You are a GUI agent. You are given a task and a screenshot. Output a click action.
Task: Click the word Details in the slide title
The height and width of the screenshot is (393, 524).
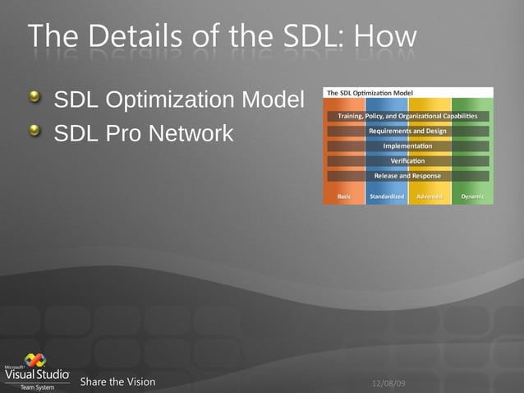pos(132,36)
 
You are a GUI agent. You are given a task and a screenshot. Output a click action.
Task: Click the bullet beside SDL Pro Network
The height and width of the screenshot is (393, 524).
pos(34,131)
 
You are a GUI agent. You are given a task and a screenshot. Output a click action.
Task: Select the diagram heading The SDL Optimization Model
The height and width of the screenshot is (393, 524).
pos(370,93)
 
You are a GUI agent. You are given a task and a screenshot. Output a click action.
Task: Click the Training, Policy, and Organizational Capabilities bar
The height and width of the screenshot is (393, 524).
pos(407,116)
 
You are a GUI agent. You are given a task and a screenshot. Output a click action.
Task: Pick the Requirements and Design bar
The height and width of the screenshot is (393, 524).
pos(407,131)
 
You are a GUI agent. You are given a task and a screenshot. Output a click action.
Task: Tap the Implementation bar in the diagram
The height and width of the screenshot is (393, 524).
pos(407,146)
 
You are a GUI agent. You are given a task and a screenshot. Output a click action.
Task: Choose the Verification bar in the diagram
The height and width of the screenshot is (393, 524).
pos(407,160)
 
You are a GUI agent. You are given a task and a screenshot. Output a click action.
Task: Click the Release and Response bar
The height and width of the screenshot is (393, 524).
pos(407,175)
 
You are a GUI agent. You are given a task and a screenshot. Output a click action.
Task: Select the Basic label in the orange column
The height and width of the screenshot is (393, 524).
pos(345,196)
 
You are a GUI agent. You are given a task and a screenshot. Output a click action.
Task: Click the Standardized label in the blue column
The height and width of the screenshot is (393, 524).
pos(387,196)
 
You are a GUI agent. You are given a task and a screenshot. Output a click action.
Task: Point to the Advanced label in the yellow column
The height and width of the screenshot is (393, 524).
pos(430,196)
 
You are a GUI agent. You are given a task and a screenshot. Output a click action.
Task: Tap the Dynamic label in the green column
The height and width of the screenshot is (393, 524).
pos(472,196)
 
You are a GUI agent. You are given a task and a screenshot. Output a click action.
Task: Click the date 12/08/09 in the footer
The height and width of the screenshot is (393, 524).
pos(389,383)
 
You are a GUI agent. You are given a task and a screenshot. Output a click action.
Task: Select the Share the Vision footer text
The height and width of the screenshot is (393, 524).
pos(117,381)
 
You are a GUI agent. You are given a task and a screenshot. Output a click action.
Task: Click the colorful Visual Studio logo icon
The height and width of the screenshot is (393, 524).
pos(35,360)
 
